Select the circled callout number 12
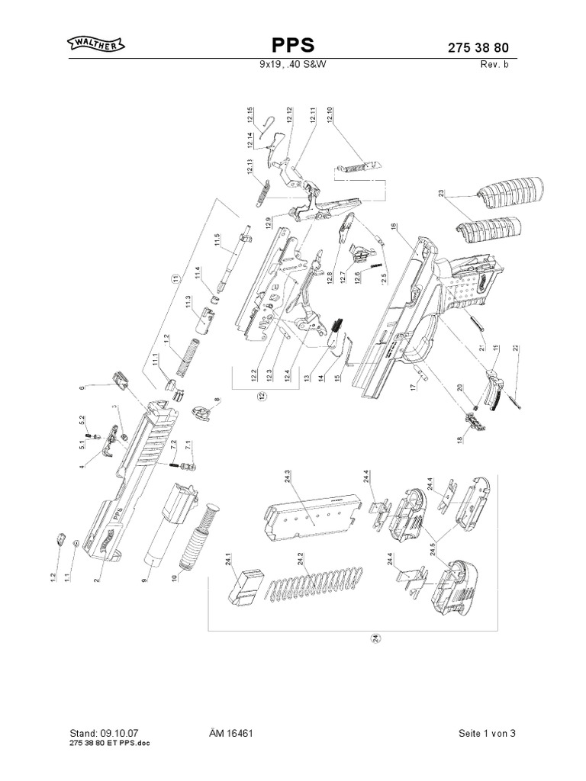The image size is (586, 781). (x=260, y=396)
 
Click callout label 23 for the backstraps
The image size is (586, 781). (x=441, y=194)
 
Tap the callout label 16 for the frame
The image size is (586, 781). (x=394, y=227)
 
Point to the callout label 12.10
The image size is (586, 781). (x=330, y=118)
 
